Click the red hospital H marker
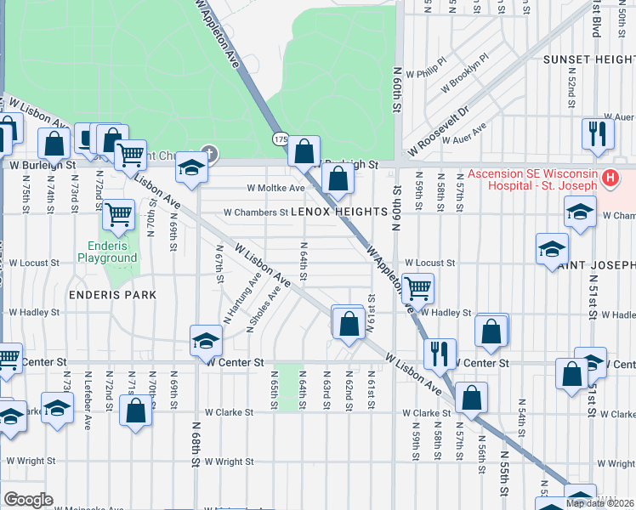[x=609, y=178]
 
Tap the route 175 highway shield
[x=280, y=139]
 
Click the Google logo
[x=29, y=499]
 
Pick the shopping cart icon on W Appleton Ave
[x=417, y=288]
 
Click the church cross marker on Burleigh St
[x=209, y=155]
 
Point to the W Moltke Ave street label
[x=275, y=188]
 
